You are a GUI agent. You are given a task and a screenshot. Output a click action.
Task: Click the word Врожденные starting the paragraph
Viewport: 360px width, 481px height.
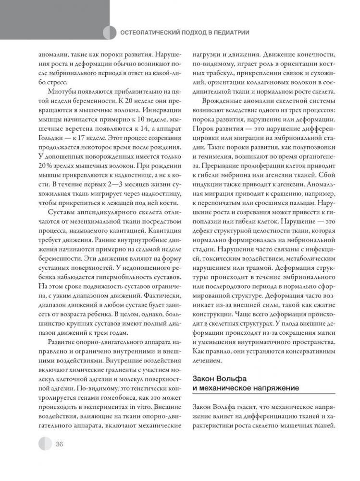(x=220, y=102)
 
